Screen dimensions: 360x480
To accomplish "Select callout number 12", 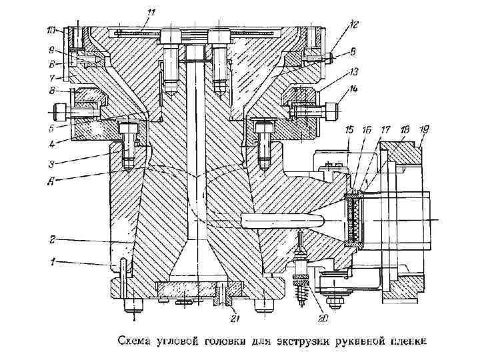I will point(353,24).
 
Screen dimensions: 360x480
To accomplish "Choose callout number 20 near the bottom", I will point(323,318).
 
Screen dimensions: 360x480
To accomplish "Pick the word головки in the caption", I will point(221,342).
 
